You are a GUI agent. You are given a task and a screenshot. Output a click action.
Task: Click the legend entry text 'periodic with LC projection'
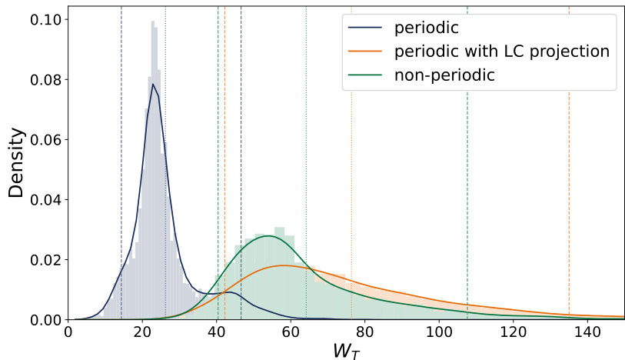(x=501, y=52)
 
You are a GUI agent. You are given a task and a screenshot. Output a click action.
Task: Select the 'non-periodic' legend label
(x=444, y=75)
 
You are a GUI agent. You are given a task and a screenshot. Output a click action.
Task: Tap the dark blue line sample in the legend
(x=366, y=28)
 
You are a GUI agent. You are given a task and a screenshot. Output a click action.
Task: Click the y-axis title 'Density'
(x=17, y=163)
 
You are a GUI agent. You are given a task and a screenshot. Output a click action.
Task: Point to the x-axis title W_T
(x=345, y=350)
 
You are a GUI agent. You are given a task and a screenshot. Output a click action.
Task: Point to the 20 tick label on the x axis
(x=142, y=334)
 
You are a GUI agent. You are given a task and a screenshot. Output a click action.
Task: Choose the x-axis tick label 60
(x=291, y=334)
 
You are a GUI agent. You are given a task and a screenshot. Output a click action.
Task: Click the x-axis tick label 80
(x=365, y=334)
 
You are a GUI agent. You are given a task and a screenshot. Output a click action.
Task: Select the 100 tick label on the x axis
(x=439, y=334)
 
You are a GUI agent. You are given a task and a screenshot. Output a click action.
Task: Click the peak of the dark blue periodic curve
(x=153, y=84)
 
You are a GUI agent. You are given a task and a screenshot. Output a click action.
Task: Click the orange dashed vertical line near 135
(x=569, y=192)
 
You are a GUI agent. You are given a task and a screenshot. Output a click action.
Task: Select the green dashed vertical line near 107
(x=467, y=192)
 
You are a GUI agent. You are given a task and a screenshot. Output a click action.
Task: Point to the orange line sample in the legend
(x=366, y=52)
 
